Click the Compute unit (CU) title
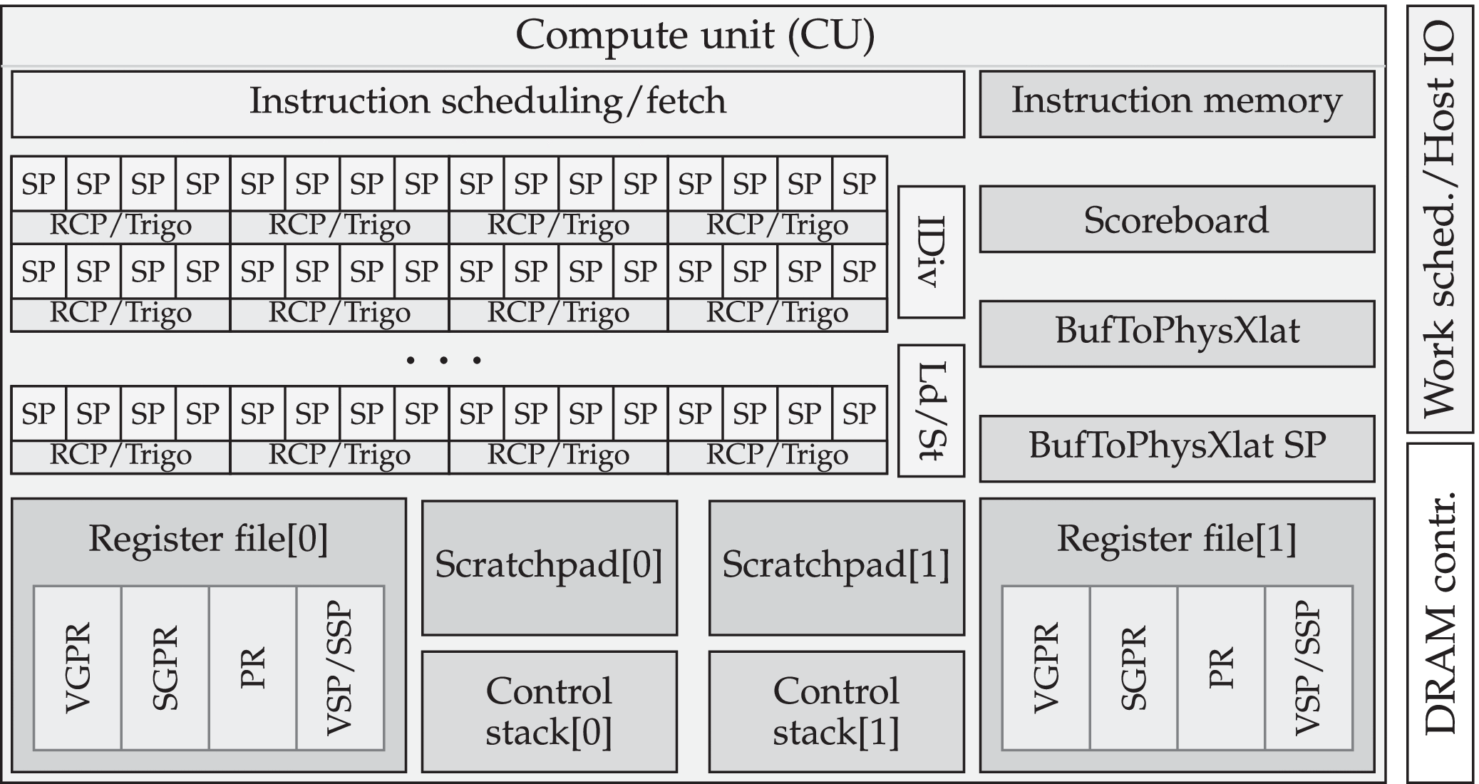coord(694,35)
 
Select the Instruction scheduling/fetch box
coord(488,103)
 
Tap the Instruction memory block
coord(1177,103)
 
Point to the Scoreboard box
coord(1177,220)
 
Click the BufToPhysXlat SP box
coord(1177,448)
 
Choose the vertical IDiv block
coord(930,252)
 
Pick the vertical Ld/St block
coord(930,411)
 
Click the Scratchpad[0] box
coord(549,567)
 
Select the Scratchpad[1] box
coord(836,567)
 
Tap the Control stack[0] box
coord(549,711)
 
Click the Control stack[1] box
coord(836,711)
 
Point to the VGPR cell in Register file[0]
coord(77,668)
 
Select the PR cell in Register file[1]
coord(1221,668)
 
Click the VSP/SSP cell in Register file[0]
coord(340,668)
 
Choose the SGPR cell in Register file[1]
coord(1133,668)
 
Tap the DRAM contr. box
coord(1440,613)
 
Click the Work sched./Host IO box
coord(1440,219)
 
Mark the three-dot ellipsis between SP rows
coord(443,361)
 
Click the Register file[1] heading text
coord(1177,539)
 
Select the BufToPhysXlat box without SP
coord(1177,334)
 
